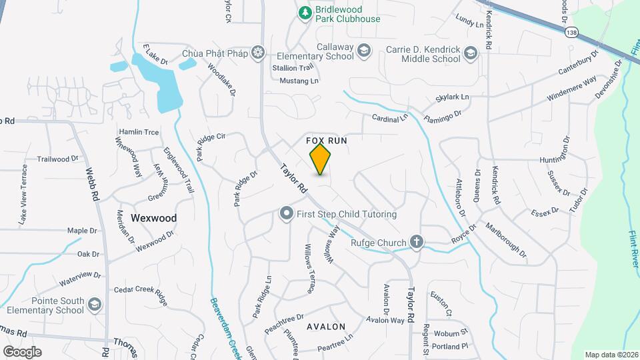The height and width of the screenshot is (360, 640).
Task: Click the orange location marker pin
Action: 320,159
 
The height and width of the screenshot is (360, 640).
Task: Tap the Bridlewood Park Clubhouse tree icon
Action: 305,12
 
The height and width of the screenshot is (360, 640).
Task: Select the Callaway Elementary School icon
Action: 363,50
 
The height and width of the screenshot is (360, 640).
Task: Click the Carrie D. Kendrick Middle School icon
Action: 471,53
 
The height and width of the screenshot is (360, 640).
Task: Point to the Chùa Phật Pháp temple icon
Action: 258,53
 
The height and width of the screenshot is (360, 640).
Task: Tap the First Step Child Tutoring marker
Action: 287,214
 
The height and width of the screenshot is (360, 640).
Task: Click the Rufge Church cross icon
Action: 417,241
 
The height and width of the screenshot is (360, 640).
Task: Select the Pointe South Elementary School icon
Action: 95,305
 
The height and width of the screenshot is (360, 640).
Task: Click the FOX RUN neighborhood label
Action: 327,141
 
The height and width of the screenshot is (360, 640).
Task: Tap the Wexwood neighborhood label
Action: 154,218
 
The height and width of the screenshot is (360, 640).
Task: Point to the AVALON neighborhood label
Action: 326,327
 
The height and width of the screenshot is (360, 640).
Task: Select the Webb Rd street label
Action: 92,183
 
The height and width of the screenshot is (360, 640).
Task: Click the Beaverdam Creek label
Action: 227,320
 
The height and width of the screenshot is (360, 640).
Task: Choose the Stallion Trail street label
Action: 292,68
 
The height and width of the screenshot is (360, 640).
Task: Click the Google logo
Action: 22,351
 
